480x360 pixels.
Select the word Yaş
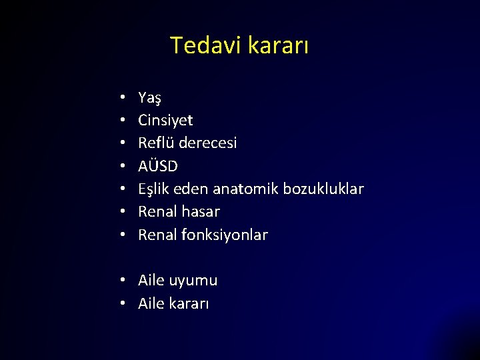pyautogui.click(x=149, y=98)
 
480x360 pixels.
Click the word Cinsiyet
pyautogui.click(x=165, y=121)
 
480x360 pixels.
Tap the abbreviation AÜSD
pyautogui.click(x=158, y=166)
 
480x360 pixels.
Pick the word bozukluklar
pyautogui.click(x=323, y=189)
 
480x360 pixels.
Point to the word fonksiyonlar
pyautogui.click(x=225, y=235)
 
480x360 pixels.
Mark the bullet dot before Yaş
pyautogui.click(x=125, y=98)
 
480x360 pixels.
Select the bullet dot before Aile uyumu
pyautogui.click(x=125, y=281)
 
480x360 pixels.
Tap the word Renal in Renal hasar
pyautogui.click(x=157, y=212)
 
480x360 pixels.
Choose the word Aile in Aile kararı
pyautogui.click(x=153, y=303)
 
